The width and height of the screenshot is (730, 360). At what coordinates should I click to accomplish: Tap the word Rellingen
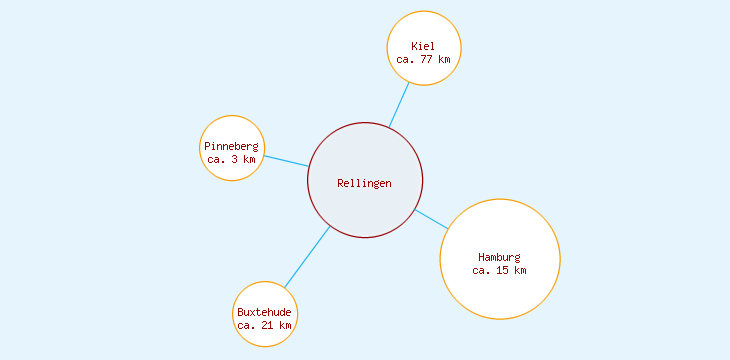click(x=365, y=183)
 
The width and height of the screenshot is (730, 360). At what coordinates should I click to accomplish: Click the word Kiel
click(x=424, y=46)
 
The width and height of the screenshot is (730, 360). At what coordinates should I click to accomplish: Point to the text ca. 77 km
click(x=424, y=59)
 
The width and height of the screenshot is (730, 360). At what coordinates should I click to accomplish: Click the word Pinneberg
click(x=232, y=146)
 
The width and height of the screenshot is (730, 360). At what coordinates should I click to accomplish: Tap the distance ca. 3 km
click(x=232, y=159)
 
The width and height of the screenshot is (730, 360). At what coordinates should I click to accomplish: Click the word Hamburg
click(x=500, y=257)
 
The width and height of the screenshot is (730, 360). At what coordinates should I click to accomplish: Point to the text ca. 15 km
click(x=500, y=270)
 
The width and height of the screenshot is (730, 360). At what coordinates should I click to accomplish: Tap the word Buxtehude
click(x=265, y=312)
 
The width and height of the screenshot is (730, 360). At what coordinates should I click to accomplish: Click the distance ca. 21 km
click(x=265, y=325)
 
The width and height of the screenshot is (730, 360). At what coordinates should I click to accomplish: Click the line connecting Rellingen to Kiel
click(x=399, y=104)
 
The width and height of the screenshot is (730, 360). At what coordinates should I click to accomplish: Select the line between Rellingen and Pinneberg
click(x=286, y=160)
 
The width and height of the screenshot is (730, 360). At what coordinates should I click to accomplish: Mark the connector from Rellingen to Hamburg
click(x=431, y=219)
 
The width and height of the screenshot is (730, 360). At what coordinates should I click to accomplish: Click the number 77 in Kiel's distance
click(x=427, y=59)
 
